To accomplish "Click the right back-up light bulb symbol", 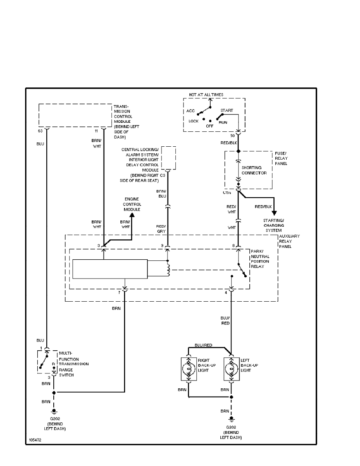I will click(x=189, y=369).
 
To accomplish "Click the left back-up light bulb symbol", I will click(x=231, y=369).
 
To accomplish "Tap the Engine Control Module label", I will click(x=132, y=204).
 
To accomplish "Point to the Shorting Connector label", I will click(x=254, y=170).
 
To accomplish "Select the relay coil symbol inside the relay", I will click(x=169, y=269).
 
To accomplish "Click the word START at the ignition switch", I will click(x=227, y=111).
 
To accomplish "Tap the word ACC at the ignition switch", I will click(x=191, y=111).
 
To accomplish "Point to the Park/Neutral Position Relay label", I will click(x=260, y=258).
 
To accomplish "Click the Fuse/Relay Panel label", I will click(x=281, y=158).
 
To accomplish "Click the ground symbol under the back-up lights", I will click(x=231, y=419).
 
